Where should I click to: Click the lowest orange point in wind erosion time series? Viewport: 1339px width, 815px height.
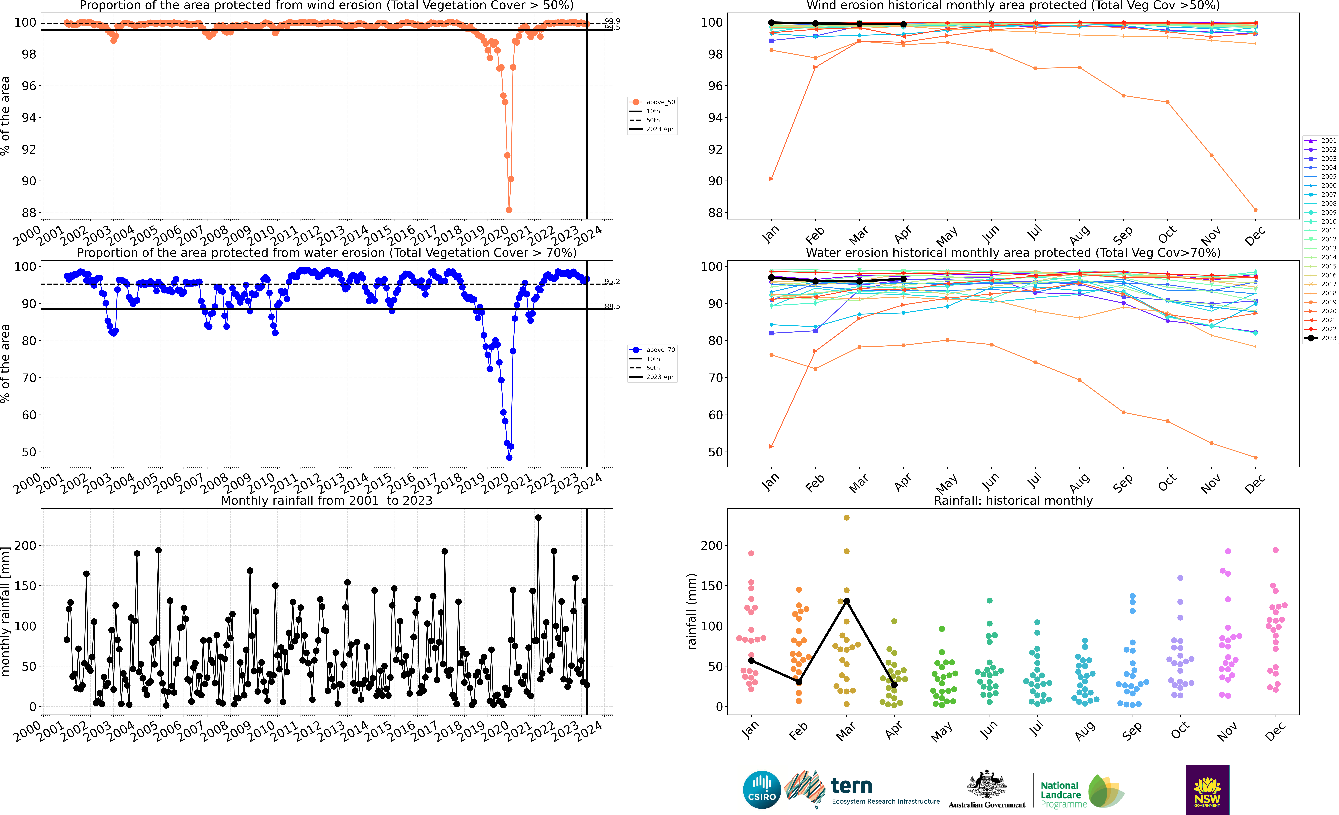509,210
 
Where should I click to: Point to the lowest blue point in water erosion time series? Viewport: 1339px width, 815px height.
509,457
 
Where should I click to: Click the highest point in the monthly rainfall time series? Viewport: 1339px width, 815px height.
538,518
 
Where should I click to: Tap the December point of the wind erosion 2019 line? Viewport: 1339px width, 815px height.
1255,210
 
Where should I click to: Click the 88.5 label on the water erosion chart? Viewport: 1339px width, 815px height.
612,306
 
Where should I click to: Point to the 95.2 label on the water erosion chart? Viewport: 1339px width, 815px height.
612,281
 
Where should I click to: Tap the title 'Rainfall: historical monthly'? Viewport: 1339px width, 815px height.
1013,500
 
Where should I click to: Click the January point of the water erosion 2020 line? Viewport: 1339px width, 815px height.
771,447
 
